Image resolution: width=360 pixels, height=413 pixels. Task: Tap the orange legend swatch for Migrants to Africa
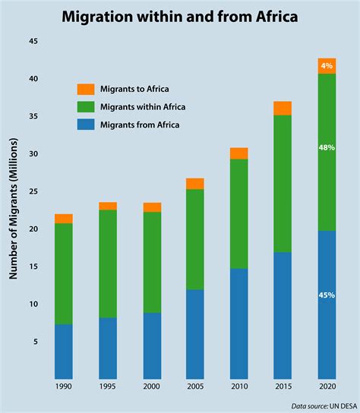point(86,90)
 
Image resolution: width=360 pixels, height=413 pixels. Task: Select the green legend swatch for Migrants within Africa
point(86,107)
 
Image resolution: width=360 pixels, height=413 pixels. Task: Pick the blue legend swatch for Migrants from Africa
point(86,125)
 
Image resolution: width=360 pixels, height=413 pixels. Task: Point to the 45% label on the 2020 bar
point(327,295)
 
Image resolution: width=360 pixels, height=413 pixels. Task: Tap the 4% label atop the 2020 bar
point(327,65)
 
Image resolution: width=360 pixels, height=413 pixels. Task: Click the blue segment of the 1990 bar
point(64,351)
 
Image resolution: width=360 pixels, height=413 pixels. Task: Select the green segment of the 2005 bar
point(195,239)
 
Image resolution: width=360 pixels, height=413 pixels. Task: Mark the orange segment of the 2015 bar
point(283,108)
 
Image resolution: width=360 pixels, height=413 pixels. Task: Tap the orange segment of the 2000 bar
point(152,207)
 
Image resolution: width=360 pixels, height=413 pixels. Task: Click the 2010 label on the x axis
point(239,386)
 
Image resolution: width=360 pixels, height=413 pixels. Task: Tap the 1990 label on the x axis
point(64,386)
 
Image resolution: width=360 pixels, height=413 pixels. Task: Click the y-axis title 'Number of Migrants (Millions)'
point(14,208)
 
